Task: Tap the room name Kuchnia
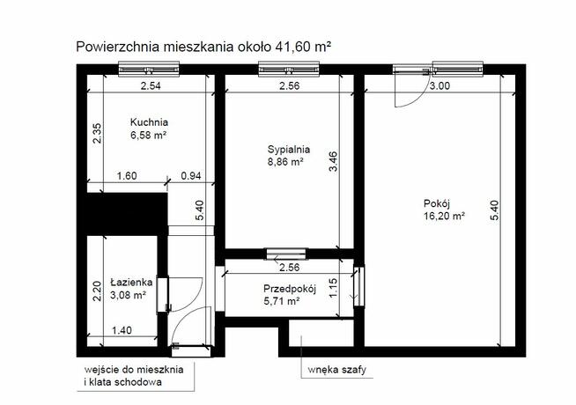149,122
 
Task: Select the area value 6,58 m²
149,136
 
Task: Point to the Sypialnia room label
289,149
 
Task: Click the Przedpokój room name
290,288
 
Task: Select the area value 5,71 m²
282,301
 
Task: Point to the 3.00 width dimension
439,86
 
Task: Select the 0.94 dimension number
191,176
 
